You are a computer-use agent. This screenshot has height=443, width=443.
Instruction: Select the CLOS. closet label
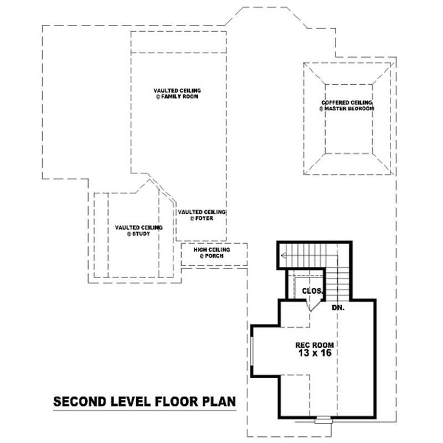pyautogui.click(x=312, y=290)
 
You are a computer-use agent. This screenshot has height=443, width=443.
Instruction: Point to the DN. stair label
pyautogui.click(x=338, y=307)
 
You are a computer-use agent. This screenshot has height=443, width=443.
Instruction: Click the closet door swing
pyautogui.click(x=313, y=304)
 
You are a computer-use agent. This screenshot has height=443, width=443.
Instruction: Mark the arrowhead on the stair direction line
pyautogui.click(x=284, y=255)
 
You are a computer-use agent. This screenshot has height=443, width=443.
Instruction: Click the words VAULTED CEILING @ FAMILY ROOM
pyautogui.click(x=177, y=93)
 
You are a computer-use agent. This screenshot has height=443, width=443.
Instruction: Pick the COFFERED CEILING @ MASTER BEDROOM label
pyautogui.click(x=347, y=106)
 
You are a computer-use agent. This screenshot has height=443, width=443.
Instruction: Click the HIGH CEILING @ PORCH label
pyautogui.click(x=212, y=253)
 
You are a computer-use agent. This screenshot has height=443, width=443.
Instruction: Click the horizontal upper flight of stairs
pyautogui.click(x=307, y=255)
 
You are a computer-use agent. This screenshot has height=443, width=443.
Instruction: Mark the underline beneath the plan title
pyautogui.click(x=144, y=411)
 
